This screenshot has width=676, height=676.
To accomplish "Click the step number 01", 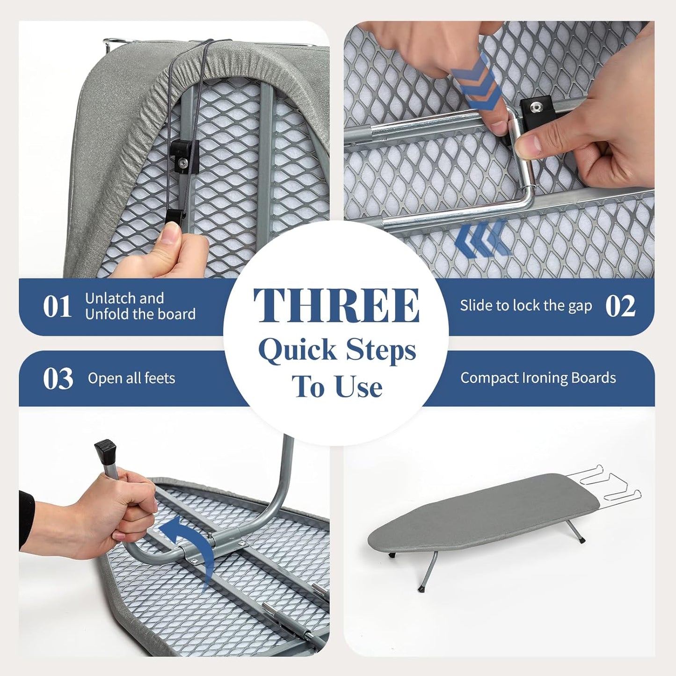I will tap(57, 307).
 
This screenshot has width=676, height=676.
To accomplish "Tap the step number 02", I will tap(620, 306).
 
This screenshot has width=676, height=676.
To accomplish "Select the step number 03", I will tap(58, 378).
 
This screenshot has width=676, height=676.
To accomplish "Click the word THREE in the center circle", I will tap(336, 305).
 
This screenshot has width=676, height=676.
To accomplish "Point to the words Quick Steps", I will tap(337, 350).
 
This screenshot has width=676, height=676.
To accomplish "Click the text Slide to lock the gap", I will tap(526, 306).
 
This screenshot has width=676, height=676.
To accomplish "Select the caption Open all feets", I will tap(131, 378).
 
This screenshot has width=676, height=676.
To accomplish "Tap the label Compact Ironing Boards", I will tap(538, 378).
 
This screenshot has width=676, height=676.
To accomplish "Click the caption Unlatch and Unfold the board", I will tap(140, 306).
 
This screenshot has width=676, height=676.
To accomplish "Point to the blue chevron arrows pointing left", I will tap(482, 240).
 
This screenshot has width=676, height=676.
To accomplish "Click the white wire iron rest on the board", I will tap(608, 487).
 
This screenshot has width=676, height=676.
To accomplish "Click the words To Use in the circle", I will tap(337, 387).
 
